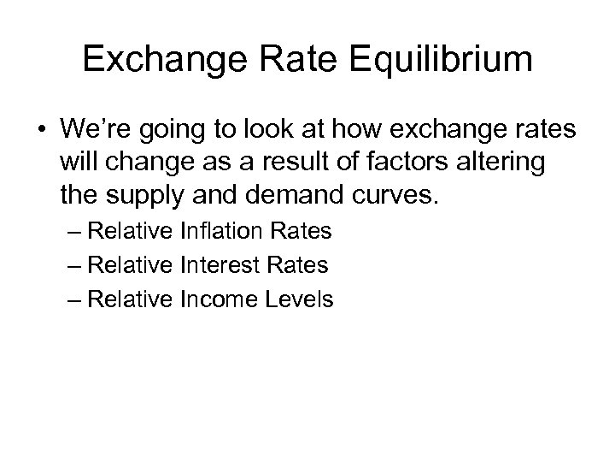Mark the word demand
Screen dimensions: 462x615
coord(297,198)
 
